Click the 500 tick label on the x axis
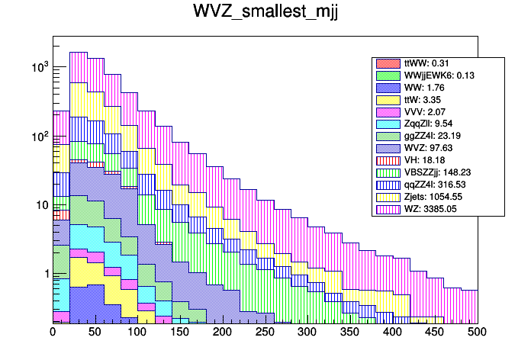pyautogui.click(x=478, y=333)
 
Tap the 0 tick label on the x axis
pyautogui.click(x=53, y=333)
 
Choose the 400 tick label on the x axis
pyautogui.click(x=392, y=333)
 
